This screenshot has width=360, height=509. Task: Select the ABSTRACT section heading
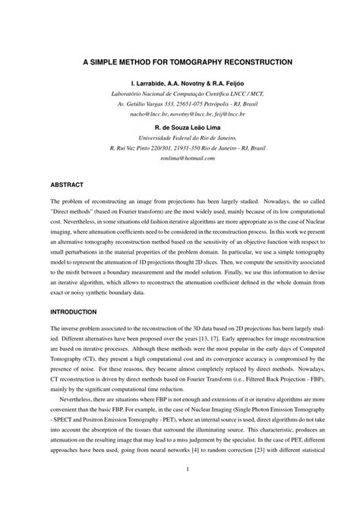tap(66, 185)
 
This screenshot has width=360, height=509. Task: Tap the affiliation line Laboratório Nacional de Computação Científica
tap(180, 93)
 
